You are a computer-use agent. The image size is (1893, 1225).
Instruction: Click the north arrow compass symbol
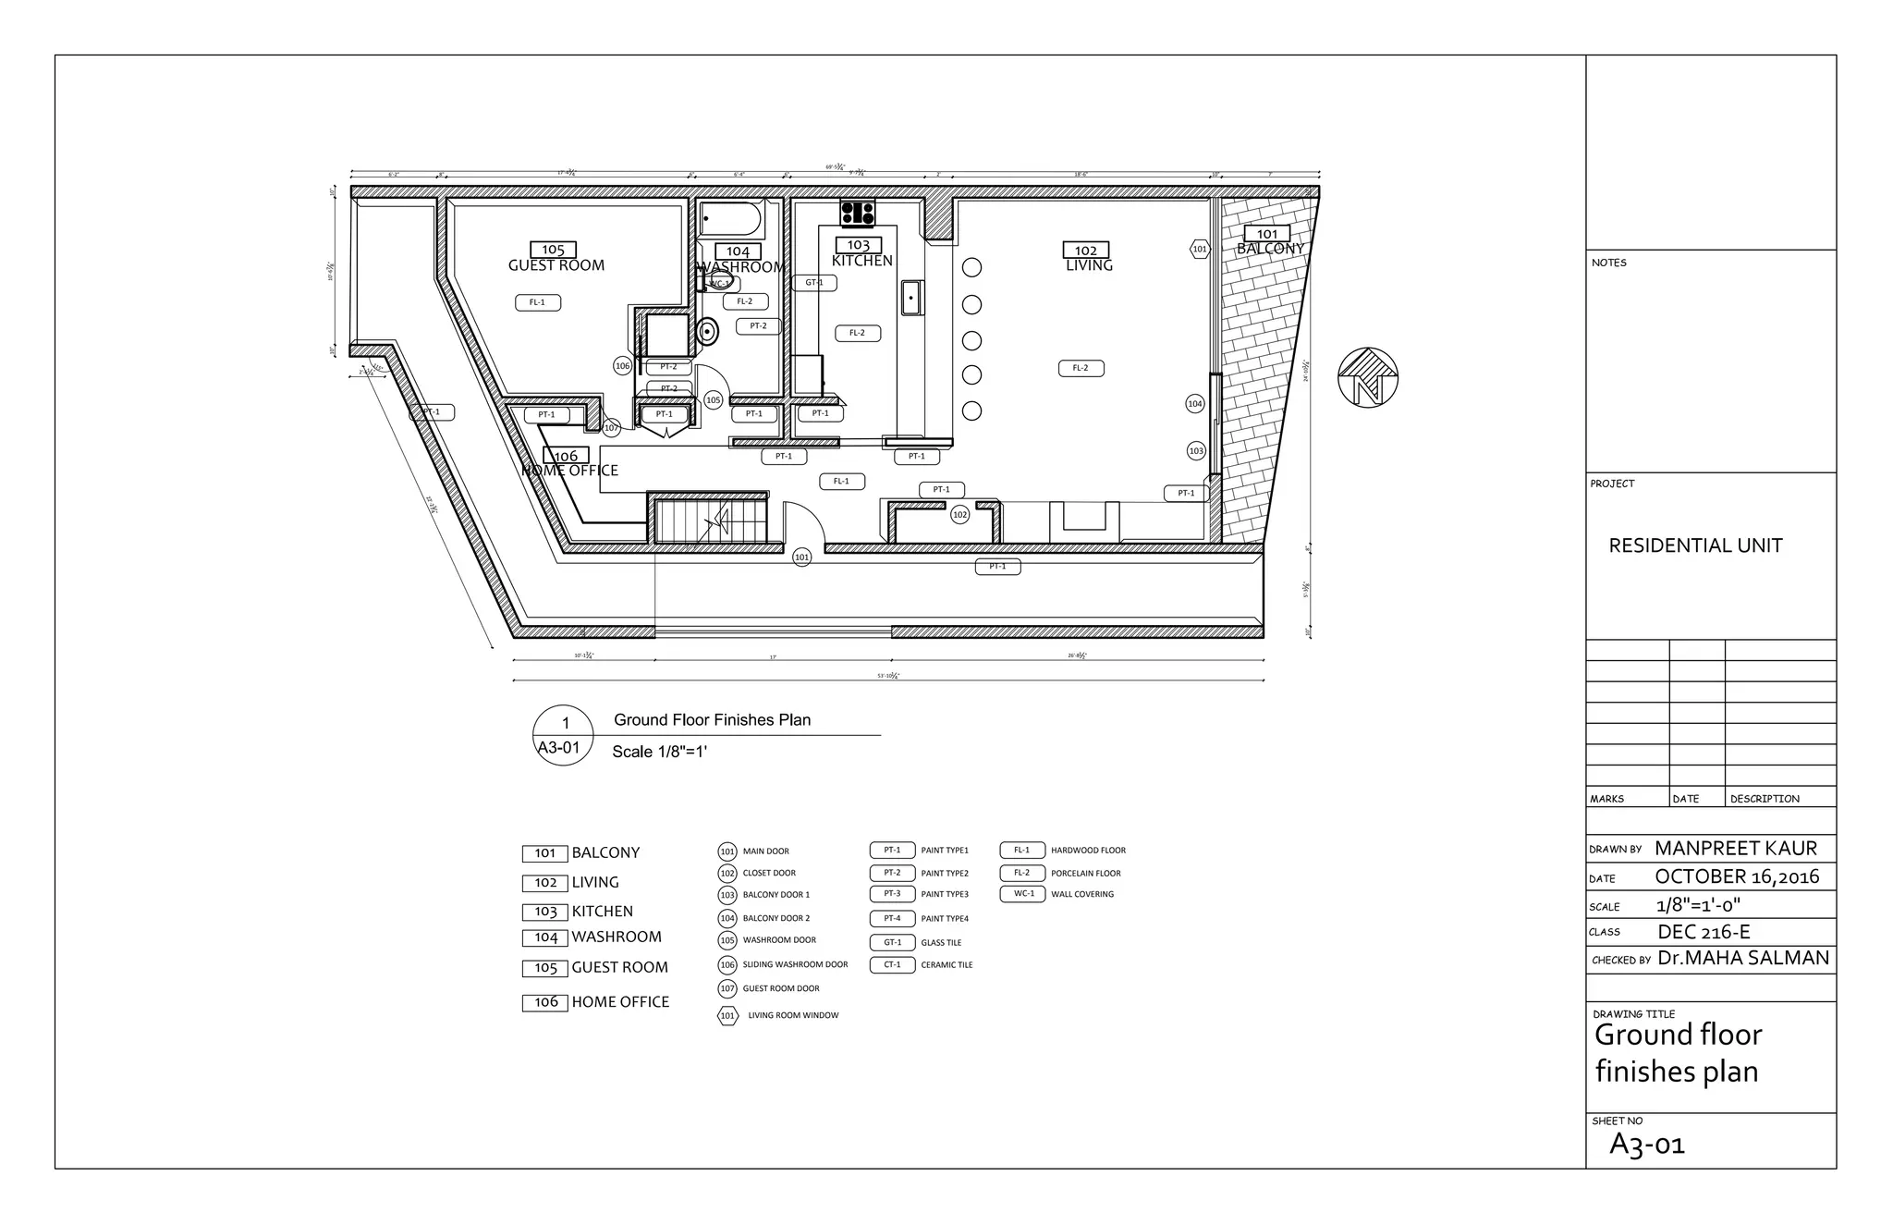pos(1367,377)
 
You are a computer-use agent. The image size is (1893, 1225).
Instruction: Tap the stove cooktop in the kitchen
pos(858,213)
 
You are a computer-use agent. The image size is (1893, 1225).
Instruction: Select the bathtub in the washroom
pos(730,219)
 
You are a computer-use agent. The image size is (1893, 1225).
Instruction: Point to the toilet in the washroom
pos(707,330)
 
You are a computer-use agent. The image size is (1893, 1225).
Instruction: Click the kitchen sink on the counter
pos(912,298)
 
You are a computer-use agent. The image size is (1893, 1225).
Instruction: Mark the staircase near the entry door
pos(711,522)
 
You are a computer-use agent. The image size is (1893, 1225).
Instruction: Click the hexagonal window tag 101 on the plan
pos(1199,249)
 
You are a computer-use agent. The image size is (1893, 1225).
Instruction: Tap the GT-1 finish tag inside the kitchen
pos(814,283)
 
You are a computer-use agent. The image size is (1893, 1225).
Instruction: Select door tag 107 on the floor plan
pos(611,428)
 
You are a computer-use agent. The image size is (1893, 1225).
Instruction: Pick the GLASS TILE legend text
pos(941,943)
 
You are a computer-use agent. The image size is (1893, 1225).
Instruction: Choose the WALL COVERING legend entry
pos(1081,895)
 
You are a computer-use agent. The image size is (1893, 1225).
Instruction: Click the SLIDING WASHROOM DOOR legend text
pos(795,965)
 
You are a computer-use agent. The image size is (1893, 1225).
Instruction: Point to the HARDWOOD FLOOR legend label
pos(1088,851)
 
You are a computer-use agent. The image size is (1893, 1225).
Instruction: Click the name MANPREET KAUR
pos(1735,849)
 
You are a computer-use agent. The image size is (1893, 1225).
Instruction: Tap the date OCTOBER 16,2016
pos(1736,877)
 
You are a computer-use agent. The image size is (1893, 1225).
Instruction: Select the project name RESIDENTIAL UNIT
pos(1695,545)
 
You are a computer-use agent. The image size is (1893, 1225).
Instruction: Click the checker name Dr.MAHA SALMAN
pos(1742,959)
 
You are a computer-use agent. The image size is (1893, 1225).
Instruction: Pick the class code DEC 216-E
pos(1704,932)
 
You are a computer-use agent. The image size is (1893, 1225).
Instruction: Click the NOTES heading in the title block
pos(1609,263)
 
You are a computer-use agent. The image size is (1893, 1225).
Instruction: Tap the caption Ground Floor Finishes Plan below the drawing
pos(712,720)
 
